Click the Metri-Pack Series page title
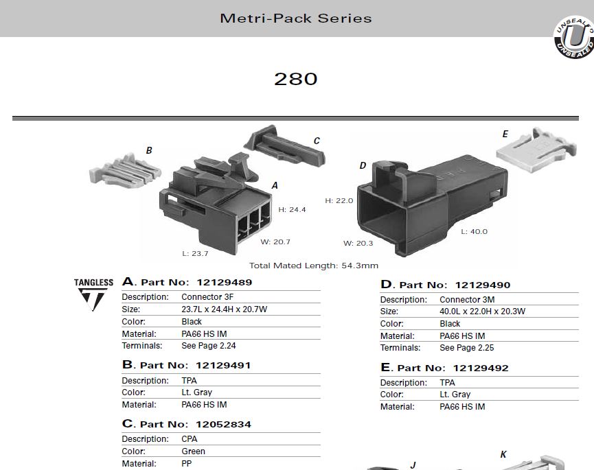tap(296, 18)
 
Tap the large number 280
tap(296, 79)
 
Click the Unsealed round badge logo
tap(573, 38)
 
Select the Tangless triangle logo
tap(93, 295)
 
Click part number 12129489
tap(225, 282)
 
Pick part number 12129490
tap(483, 285)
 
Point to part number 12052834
tap(223, 424)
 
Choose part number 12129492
tap(481, 368)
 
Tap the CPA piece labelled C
tap(284, 146)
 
